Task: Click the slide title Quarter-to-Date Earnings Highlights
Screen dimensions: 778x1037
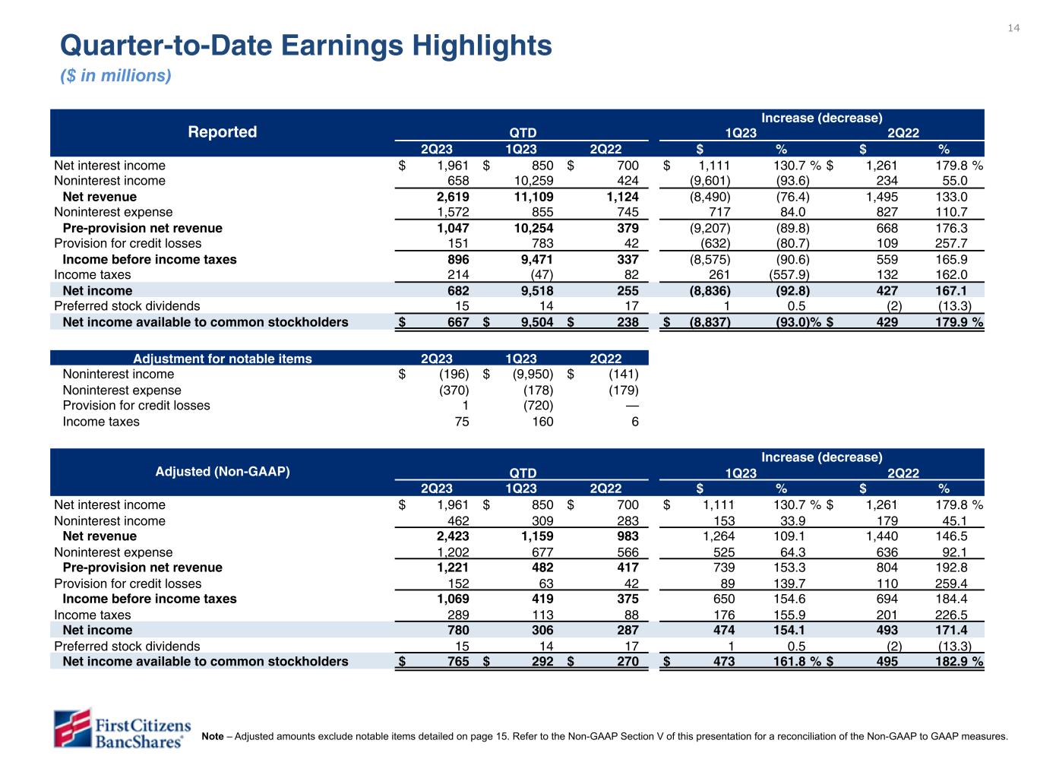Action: pyautogui.click(x=305, y=46)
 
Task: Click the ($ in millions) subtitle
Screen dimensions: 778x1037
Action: pyautogui.click(x=115, y=76)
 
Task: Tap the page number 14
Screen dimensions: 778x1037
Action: pyautogui.click(x=1013, y=28)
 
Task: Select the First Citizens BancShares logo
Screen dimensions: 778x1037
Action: pyautogui.click(x=122, y=728)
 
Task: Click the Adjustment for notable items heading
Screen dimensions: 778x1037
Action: pyautogui.click(x=222, y=359)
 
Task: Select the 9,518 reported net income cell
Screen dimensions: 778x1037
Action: pyautogui.click(x=535, y=291)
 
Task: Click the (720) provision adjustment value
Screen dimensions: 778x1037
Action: pyautogui.click(x=536, y=406)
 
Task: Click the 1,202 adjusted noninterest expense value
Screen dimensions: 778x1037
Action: pyautogui.click(x=453, y=552)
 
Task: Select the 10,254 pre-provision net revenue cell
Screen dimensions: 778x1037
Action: pyautogui.click(x=531, y=228)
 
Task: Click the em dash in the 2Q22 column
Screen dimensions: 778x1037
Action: pyautogui.click(x=631, y=406)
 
